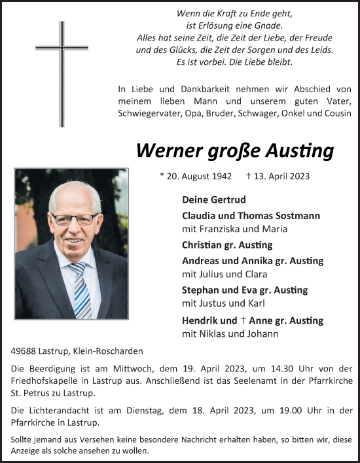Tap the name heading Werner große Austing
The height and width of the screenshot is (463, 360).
point(234,151)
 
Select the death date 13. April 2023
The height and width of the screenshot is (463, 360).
point(278,176)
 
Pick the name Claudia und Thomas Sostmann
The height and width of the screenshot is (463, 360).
point(251,216)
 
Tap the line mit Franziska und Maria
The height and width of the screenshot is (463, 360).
point(234,229)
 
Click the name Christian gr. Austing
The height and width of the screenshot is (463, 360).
point(227,245)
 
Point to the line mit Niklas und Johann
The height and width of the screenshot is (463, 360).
point(228,334)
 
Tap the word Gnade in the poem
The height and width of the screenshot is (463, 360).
point(268,26)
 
